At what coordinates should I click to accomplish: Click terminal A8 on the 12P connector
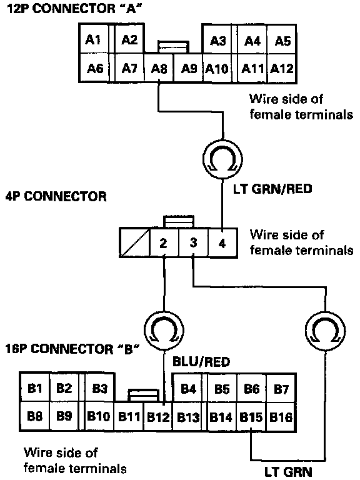159,68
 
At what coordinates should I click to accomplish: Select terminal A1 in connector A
94,39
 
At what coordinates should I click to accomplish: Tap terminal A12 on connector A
282,68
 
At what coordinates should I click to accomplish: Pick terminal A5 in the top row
282,40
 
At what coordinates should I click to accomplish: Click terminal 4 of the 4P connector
222,242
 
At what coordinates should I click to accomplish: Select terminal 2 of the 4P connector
164,242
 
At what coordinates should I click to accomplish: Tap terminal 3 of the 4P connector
193,242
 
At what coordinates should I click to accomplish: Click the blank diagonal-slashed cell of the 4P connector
134,242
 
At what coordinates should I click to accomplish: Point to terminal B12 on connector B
158,417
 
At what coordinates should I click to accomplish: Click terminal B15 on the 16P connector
251,417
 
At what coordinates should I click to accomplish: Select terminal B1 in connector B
34,388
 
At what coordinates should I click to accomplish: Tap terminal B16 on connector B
281,417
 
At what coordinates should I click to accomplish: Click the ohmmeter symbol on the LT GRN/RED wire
222,159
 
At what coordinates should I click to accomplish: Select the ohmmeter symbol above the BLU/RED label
164,331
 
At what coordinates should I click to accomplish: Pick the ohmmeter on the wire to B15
325,331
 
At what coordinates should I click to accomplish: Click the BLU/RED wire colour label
201,362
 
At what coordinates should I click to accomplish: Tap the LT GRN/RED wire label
272,189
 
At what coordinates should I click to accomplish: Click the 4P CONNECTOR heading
56,196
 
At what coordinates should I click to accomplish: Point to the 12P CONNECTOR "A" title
74,9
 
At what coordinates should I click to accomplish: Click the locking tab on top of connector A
173,47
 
